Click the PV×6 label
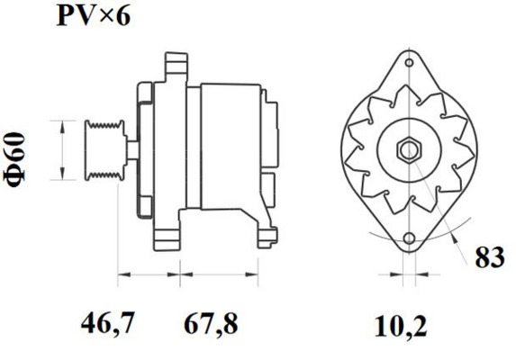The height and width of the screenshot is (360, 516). (94, 16)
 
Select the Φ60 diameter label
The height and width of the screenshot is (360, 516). (15, 159)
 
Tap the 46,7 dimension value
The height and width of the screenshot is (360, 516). (108, 323)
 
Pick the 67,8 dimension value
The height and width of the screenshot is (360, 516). (211, 323)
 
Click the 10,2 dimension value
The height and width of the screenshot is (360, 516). (401, 327)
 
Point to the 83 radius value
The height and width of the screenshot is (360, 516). (490, 257)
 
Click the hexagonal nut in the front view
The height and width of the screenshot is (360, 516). (409, 151)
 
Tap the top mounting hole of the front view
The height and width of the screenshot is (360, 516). (409, 62)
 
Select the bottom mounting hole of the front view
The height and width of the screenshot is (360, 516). (410, 238)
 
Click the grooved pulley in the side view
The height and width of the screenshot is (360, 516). (105, 150)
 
